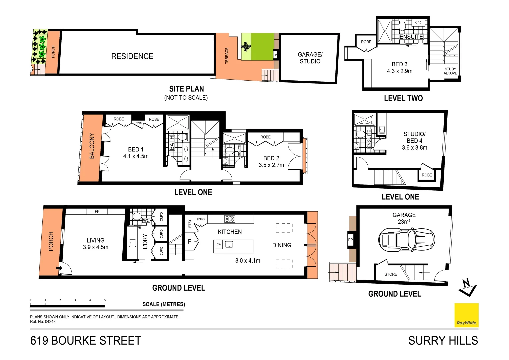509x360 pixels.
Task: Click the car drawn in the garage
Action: (x=407, y=239)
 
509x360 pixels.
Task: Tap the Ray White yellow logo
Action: (x=466, y=315)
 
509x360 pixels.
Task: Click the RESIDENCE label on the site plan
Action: (x=132, y=56)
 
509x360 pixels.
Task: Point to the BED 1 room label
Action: (x=136, y=149)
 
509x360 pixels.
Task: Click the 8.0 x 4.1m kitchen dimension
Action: (x=248, y=261)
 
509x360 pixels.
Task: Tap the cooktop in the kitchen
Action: (x=230, y=219)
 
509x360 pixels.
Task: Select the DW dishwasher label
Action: (x=219, y=244)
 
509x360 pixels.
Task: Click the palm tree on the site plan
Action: (x=246, y=47)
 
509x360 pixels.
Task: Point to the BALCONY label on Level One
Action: (x=92, y=146)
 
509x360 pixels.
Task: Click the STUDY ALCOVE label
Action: (x=450, y=71)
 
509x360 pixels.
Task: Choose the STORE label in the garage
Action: (x=391, y=274)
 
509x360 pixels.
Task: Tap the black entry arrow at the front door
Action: (x=59, y=268)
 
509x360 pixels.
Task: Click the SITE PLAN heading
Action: (x=186, y=89)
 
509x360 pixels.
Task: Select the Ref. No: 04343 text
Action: (x=43, y=322)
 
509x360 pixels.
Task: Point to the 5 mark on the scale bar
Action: (x=105, y=300)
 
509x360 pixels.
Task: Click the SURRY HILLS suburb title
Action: (x=443, y=341)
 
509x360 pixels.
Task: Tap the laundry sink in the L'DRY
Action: (x=132, y=243)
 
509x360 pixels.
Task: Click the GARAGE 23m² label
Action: (x=404, y=218)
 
